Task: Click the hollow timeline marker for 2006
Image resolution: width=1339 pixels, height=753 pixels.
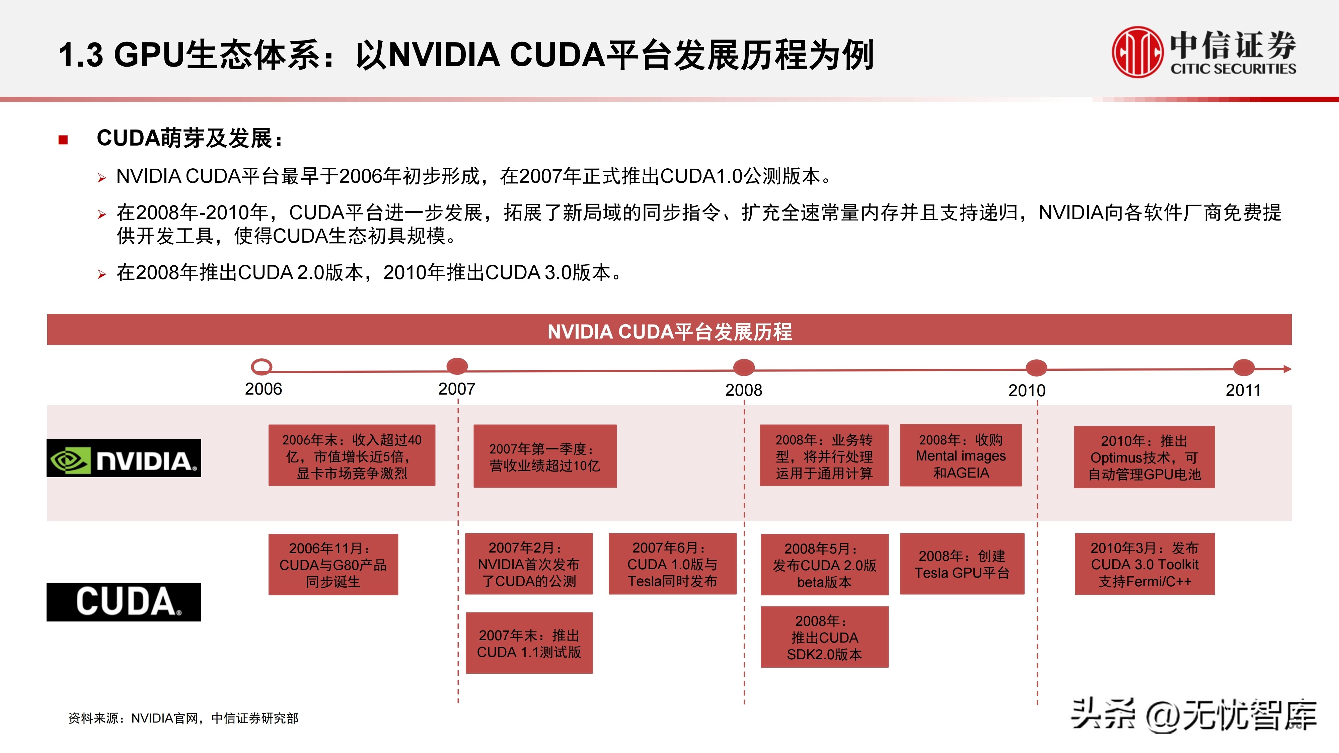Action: (x=262, y=367)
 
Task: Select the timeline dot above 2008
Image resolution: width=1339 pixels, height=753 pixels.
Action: (x=744, y=367)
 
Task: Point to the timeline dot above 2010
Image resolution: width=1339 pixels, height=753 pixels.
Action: (x=1036, y=368)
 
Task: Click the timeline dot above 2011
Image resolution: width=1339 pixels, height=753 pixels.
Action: (x=1243, y=368)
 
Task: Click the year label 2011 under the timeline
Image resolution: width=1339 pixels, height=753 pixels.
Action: (x=1243, y=390)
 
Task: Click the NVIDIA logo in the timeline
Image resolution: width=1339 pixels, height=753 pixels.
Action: (x=124, y=458)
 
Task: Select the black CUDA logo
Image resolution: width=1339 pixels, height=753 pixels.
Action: (x=124, y=602)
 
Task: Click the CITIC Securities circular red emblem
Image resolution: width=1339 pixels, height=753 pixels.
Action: (x=1137, y=52)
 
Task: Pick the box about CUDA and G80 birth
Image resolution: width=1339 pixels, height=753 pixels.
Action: (x=333, y=564)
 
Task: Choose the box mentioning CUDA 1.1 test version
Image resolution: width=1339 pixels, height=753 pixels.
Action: (x=529, y=643)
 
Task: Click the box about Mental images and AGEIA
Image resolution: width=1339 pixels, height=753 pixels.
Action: (x=961, y=456)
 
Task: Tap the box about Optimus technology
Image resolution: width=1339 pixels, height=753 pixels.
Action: (x=1144, y=457)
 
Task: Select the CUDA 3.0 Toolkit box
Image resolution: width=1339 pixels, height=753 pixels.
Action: (x=1144, y=564)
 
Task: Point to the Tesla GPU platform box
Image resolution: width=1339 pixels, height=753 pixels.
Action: (x=962, y=564)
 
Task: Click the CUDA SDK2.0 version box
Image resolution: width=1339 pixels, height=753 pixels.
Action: (x=824, y=637)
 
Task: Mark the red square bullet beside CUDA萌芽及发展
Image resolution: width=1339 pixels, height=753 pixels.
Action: (x=63, y=139)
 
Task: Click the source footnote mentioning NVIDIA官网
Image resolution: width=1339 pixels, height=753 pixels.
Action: (x=183, y=718)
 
